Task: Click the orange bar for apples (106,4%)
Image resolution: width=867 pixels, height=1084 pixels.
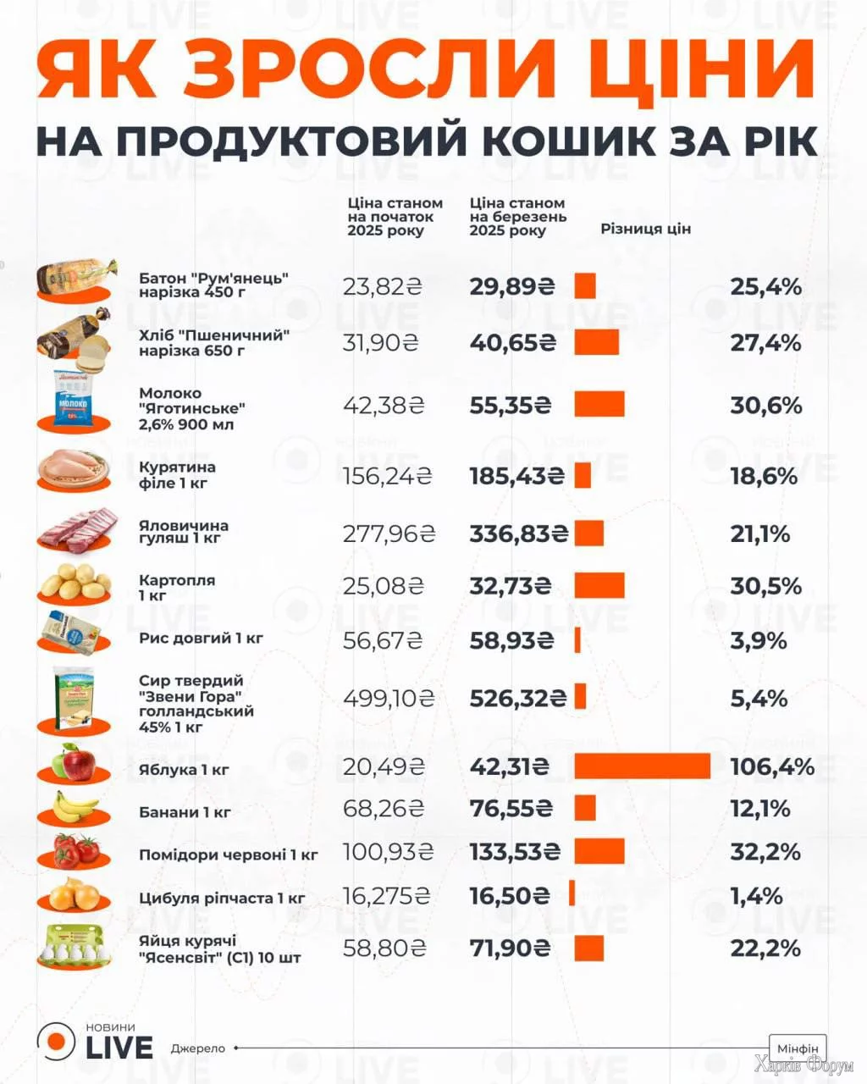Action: [642, 766]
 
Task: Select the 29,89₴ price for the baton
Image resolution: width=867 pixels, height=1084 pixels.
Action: [512, 286]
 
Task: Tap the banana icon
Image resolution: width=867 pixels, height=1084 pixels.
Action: [75, 808]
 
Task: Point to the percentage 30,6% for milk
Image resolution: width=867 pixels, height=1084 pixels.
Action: [765, 405]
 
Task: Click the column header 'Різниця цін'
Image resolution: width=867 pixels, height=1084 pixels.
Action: [645, 229]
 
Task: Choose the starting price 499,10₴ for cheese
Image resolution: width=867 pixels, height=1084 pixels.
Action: [389, 699]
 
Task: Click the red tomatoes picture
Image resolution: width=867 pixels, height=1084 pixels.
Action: [75, 850]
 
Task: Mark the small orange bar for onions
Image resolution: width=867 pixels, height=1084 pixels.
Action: [572, 893]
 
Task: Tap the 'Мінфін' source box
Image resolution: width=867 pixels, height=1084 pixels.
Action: [797, 1048]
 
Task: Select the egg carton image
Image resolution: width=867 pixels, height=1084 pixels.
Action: [75, 947]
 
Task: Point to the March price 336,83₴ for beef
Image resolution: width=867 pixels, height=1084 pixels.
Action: [519, 534]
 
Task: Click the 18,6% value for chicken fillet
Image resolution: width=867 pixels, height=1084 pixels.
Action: [764, 476]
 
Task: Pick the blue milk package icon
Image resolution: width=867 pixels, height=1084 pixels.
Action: [75, 400]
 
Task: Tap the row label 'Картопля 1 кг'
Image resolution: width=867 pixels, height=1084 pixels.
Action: [177, 587]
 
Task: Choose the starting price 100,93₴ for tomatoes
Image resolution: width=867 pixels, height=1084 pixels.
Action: [388, 851]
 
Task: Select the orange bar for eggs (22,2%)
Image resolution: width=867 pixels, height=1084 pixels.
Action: [588, 948]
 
